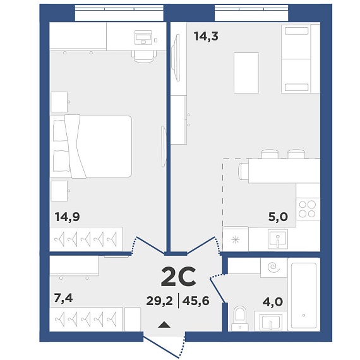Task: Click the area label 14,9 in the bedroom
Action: [68, 217]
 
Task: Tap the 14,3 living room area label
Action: [206, 36]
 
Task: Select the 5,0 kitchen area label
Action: [278, 217]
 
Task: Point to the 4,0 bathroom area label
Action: [272, 302]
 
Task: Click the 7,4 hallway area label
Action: [63, 298]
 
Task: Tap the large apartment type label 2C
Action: [178, 277]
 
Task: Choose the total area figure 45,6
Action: [196, 301]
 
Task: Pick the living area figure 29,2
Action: [159, 301]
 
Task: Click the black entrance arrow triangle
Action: [164, 325]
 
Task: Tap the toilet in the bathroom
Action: [240, 318]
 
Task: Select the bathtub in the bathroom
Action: [304, 295]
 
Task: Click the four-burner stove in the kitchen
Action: [308, 209]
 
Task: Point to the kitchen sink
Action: [278, 239]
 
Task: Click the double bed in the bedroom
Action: [91, 147]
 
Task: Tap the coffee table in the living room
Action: [246, 73]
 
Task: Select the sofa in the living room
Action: [301, 59]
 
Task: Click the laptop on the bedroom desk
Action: [143, 37]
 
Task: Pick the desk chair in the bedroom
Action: [144, 56]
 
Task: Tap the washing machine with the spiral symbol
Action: [273, 268]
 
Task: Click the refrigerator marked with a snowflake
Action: [236, 239]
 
